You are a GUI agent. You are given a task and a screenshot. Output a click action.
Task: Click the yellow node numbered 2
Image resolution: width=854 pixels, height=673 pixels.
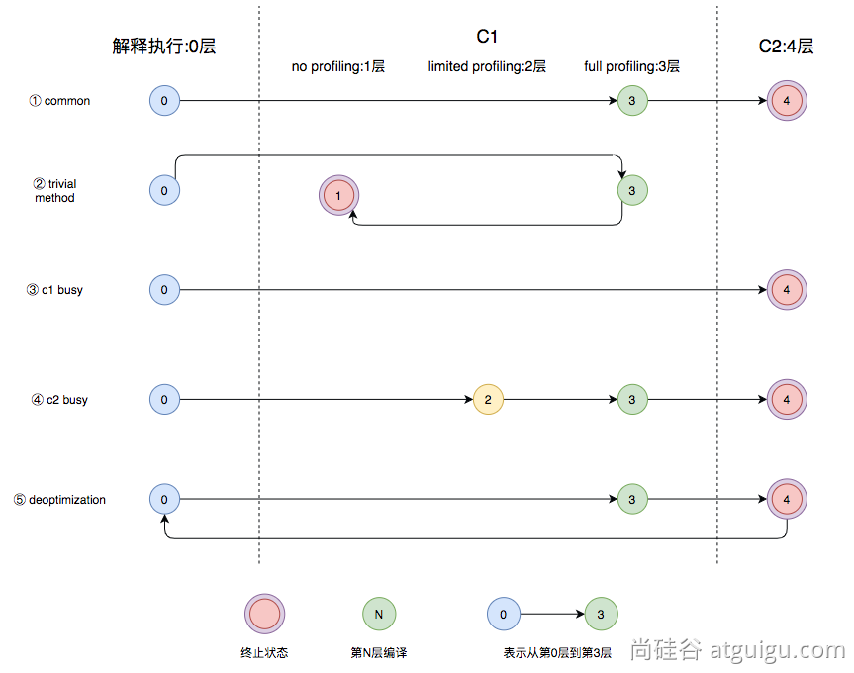coord(488,400)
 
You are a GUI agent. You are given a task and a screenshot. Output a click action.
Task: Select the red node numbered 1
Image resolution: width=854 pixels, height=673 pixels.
coord(338,196)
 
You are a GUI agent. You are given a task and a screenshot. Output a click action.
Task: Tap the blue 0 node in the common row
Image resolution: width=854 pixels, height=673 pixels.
coord(164,100)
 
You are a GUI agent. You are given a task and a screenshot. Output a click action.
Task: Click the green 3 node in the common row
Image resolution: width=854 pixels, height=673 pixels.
coord(632,100)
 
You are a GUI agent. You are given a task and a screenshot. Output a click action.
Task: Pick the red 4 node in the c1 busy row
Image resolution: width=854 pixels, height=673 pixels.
coord(787,290)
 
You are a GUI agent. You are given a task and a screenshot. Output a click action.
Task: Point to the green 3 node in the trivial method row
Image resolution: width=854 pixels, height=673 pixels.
coord(632,189)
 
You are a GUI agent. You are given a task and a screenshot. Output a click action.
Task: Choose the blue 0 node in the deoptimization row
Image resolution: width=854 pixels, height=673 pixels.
coord(164,500)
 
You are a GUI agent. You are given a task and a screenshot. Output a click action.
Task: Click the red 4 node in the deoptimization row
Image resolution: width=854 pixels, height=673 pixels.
coord(787,500)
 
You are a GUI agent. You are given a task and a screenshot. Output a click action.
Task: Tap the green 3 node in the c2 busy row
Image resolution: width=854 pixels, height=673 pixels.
coord(632,400)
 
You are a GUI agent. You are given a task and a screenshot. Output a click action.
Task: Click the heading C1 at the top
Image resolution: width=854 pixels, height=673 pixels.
coord(487,37)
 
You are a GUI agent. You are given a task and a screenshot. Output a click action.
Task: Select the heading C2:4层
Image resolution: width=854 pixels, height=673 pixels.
coord(786,46)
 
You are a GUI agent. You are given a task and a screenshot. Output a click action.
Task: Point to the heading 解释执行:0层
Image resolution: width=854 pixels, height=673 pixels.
coord(164,46)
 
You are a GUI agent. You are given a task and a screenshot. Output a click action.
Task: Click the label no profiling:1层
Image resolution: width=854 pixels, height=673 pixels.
coord(337,67)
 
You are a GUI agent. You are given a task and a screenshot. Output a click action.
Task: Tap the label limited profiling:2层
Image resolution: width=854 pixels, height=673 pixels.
coord(487,67)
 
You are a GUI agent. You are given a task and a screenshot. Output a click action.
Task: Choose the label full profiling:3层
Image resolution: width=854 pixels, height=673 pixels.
coord(631,67)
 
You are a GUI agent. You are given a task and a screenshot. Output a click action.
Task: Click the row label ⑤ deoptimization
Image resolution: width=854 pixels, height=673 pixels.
coord(60,500)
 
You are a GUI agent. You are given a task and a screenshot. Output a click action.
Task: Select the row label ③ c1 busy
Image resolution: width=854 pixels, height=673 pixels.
coord(55,290)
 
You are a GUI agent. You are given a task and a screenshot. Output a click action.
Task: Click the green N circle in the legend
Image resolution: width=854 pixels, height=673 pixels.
coord(378,614)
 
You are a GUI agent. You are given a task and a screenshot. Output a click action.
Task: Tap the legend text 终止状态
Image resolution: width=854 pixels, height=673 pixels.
coord(264,653)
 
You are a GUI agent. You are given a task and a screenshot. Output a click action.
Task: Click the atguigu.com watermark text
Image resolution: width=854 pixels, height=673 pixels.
coord(737,650)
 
